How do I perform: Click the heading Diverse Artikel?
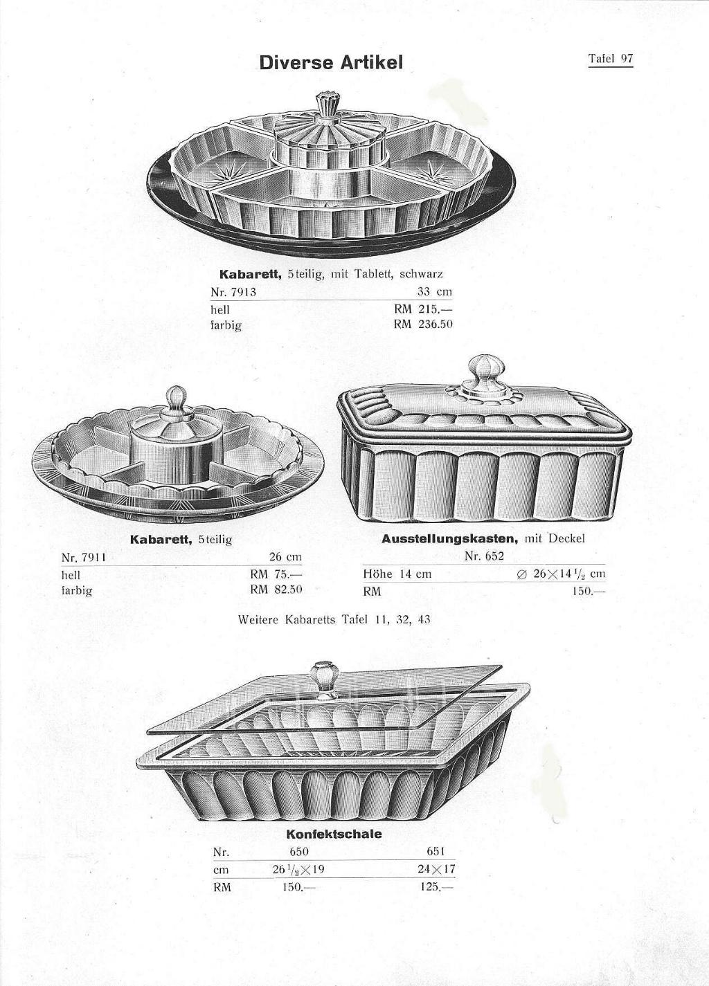pos(331,62)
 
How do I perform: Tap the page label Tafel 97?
pos(611,59)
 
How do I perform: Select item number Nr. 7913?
pos(233,292)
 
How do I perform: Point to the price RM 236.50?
pos(424,325)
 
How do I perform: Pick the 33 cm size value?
pos(435,292)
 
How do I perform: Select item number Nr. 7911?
pos(84,558)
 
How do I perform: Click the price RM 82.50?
pos(276,590)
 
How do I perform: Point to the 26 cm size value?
pos(285,557)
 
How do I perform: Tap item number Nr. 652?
pos(484,556)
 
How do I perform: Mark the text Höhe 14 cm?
pos(397,574)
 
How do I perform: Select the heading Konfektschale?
pos(334,834)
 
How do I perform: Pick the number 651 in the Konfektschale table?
pos(436,852)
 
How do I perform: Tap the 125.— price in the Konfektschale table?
pos(437,886)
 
